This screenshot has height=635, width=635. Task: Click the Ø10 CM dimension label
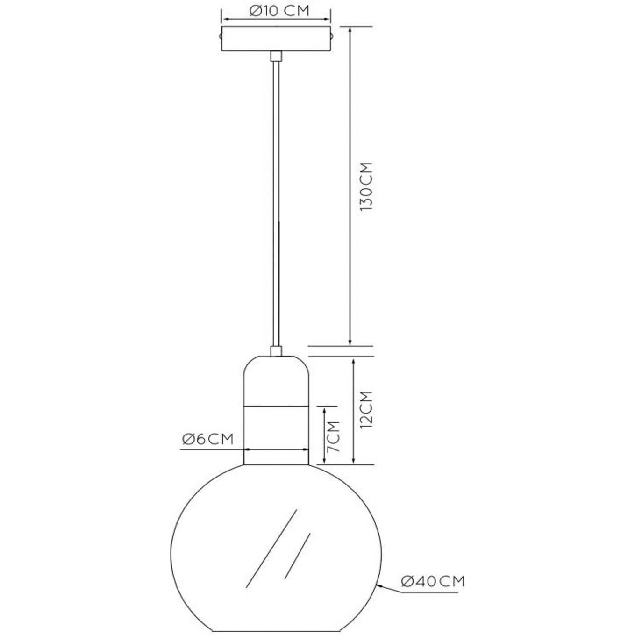tap(279, 11)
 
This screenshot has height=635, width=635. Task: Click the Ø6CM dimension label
tap(207, 439)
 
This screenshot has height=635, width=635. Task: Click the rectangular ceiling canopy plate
tap(276, 39)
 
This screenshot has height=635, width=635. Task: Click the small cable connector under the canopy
tap(276, 56)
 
